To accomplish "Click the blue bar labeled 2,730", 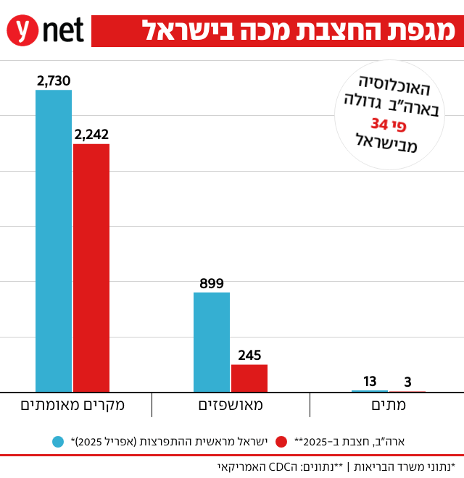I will [x=54, y=240].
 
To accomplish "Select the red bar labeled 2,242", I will [x=91, y=268].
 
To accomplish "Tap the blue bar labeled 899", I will [x=212, y=342].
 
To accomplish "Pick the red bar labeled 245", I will [x=249, y=378].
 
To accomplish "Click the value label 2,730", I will [x=54, y=80].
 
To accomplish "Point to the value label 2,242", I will [x=91, y=134].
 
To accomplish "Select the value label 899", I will [x=212, y=283].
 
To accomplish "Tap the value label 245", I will [x=249, y=355].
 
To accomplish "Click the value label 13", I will [x=370, y=381].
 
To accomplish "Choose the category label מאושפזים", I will [x=231, y=406].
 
